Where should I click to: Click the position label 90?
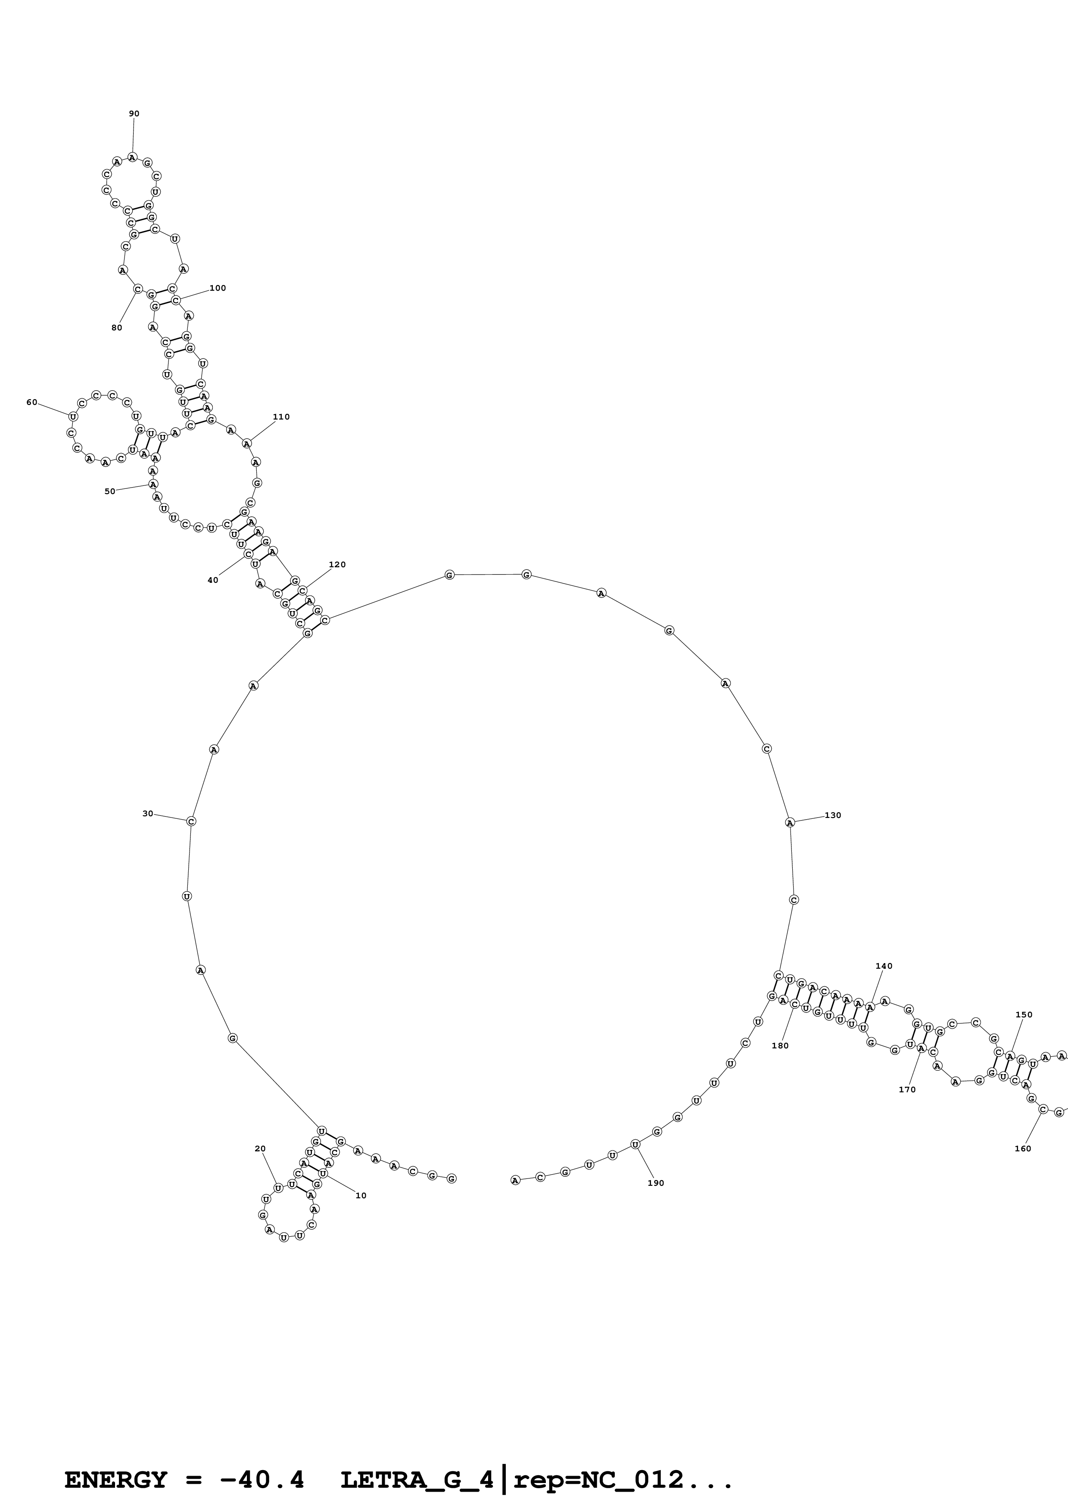[x=134, y=114]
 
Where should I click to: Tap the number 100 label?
[x=218, y=288]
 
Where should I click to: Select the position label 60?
[x=31, y=402]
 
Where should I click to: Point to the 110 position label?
[x=281, y=417]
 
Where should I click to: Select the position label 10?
[x=361, y=1196]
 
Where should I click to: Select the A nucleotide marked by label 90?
[x=132, y=157]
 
